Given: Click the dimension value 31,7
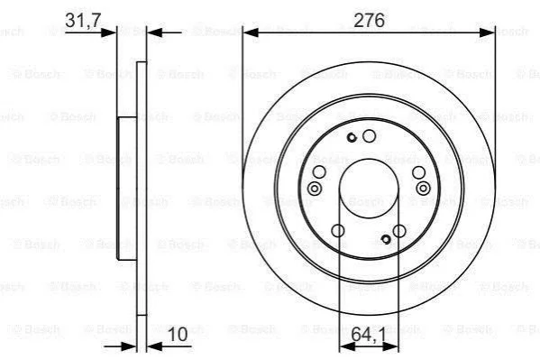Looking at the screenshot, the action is click(82, 20).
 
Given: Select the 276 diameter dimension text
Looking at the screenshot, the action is click(369, 20).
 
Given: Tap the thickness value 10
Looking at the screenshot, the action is click(178, 334).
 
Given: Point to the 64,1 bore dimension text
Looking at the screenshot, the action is click(369, 334).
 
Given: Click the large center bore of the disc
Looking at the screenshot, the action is click(369, 189).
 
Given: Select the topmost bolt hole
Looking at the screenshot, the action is click(369, 136).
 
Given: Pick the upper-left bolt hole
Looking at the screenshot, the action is click(319, 171).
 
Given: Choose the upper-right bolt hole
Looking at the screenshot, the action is click(419, 171).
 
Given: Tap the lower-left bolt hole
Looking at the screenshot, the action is click(338, 231).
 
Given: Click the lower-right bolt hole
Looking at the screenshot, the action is click(399, 231).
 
